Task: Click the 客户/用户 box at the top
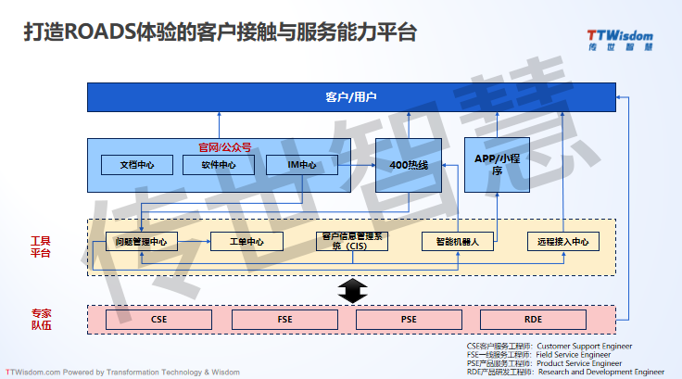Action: tap(351, 96)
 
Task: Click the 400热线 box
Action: tap(409, 165)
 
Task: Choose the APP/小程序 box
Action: tap(497, 164)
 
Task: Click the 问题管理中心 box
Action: tap(141, 242)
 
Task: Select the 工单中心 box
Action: tap(246, 242)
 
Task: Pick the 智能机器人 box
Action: tap(457, 242)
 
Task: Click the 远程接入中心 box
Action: tap(562, 242)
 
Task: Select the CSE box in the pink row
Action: tap(158, 319)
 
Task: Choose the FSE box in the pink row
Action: tap(284, 319)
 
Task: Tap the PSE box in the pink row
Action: tap(409, 319)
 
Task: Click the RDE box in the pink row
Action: tap(533, 319)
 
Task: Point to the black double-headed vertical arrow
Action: tap(349, 291)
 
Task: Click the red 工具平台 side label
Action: tap(41, 246)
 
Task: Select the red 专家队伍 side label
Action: tap(41, 319)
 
